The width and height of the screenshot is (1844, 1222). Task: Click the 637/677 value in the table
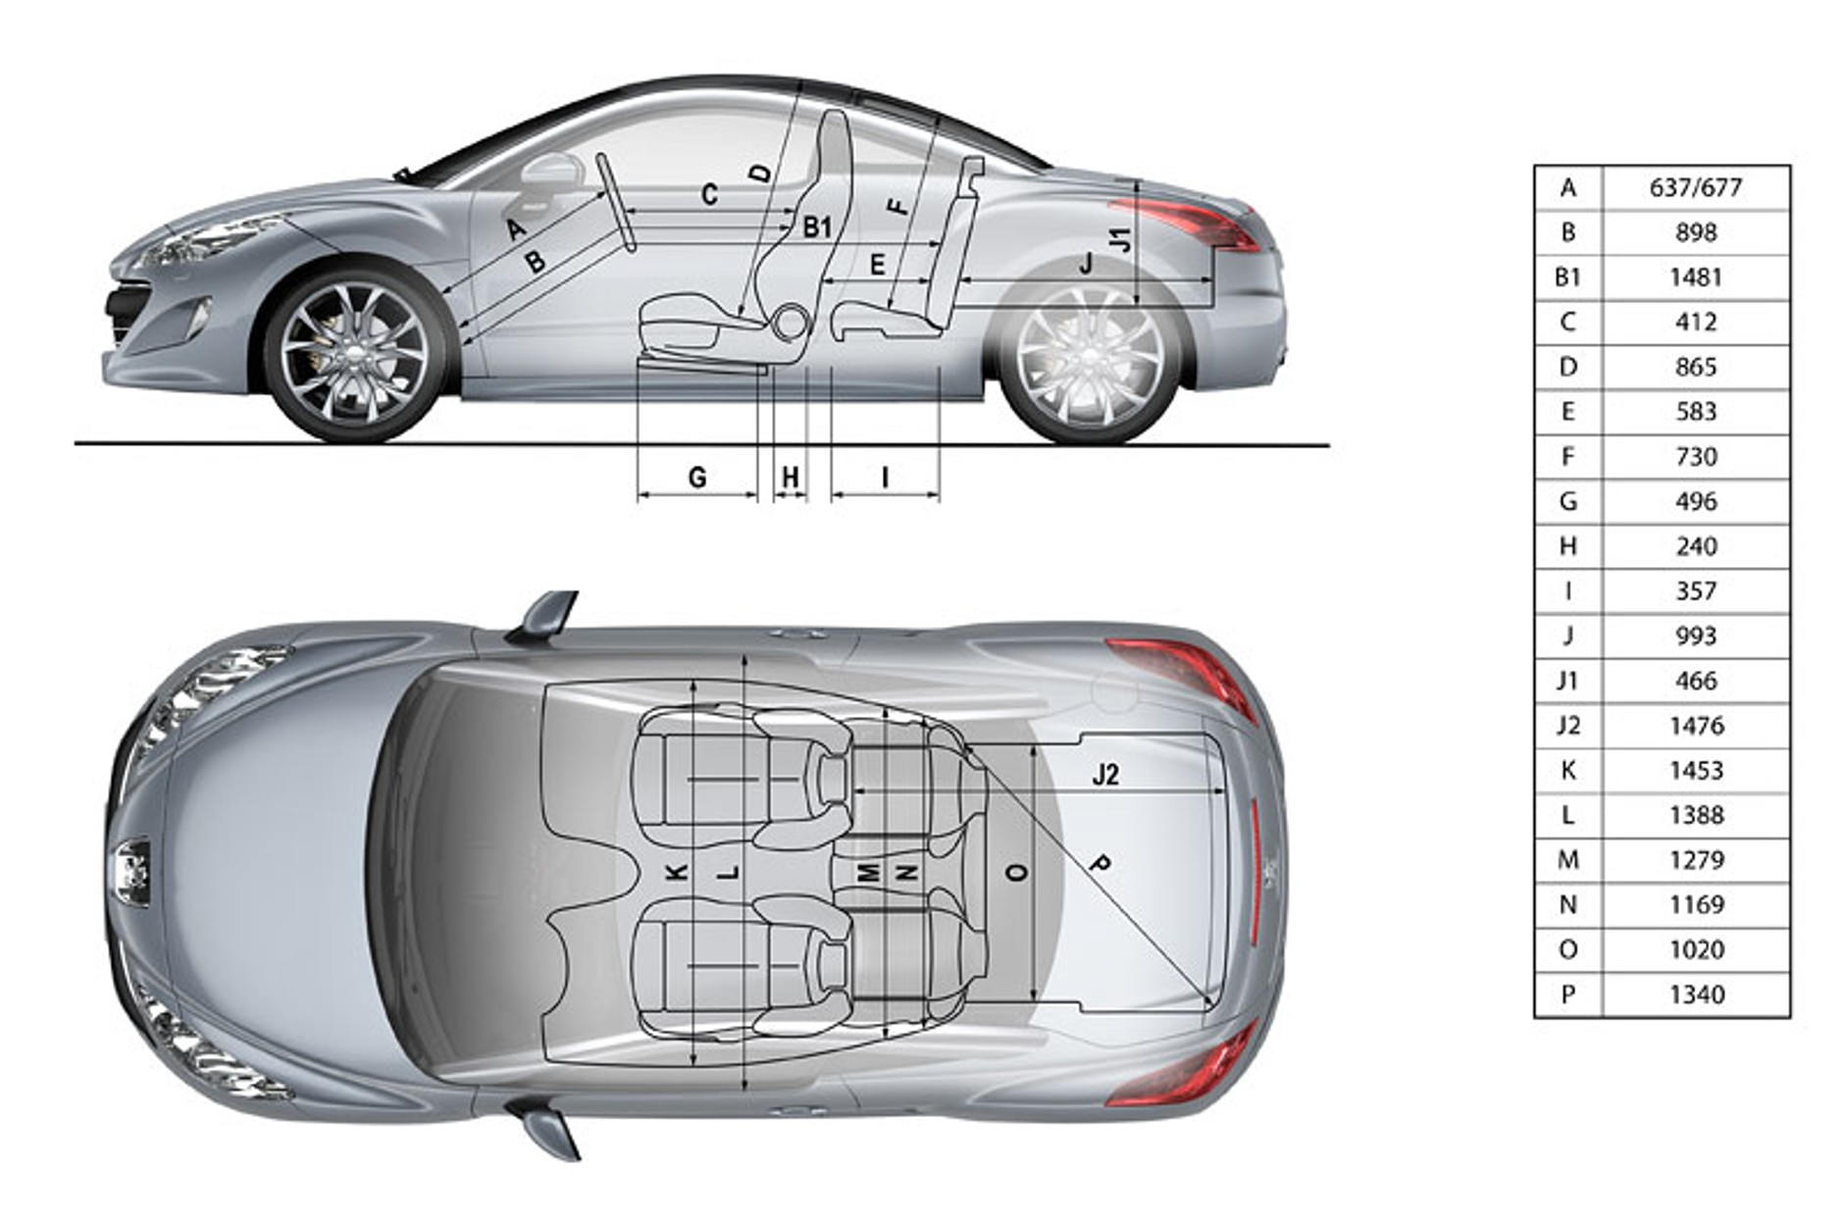pyautogui.click(x=1695, y=187)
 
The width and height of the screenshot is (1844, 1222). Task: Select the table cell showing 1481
pyautogui.click(x=1695, y=278)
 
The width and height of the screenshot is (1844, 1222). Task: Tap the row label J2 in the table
pyautogui.click(x=1567, y=726)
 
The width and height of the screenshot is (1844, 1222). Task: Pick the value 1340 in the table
pyautogui.click(x=1696, y=994)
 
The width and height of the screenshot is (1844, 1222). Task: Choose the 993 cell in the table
pyautogui.click(x=1696, y=636)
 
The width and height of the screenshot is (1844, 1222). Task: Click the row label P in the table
pyautogui.click(x=1567, y=994)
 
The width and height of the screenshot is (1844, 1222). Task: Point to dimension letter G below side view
pyautogui.click(x=697, y=478)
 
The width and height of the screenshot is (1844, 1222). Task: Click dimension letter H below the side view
pyautogui.click(x=791, y=478)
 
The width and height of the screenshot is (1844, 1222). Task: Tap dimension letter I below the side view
pyautogui.click(x=886, y=478)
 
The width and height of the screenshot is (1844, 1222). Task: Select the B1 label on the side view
pyautogui.click(x=817, y=228)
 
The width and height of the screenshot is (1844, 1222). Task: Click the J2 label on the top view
pyautogui.click(x=1105, y=775)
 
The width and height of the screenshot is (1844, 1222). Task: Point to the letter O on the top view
pyautogui.click(x=1018, y=872)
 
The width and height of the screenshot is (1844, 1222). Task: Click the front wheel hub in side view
pyautogui.click(x=355, y=355)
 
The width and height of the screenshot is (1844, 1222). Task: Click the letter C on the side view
pyautogui.click(x=709, y=194)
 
